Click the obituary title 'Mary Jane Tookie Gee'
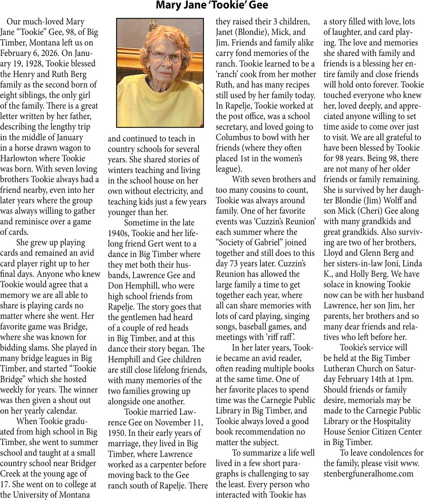click(x=212, y=6)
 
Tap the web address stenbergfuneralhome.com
click(x=368, y=473)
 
